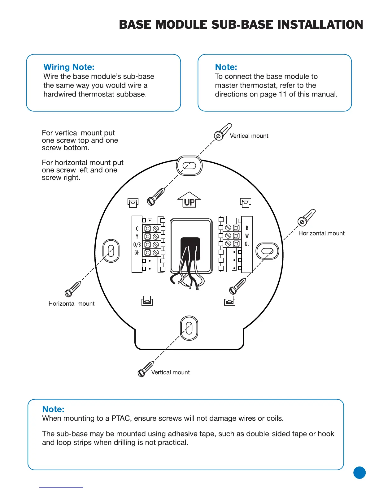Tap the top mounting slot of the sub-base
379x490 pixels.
pyautogui.click(x=189, y=165)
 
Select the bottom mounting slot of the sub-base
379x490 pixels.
pyautogui.click(x=189, y=328)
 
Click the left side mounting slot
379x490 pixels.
pyautogui.click(x=111, y=251)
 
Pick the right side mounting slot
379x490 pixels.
pyautogui.click(x=267, y=251)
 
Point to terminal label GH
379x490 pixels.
pyautogui.click(x=137, y=253)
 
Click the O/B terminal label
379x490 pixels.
pyautogui.click(x=137, y=245)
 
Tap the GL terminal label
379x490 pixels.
pyautogui.click(x=247, y=244)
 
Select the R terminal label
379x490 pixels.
pyautogui.click(x=247, y=228)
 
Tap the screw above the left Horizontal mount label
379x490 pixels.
pyautogui.click(x=72, y=289)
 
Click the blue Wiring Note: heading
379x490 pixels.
pyautogui.click(x=69, y=67)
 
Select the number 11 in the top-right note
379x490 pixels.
pyautogui.click(x=282, y=94)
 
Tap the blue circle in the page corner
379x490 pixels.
pyautogui.click(x=359, y=473)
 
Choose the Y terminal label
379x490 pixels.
pyautogui.click(x=137, y=237)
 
